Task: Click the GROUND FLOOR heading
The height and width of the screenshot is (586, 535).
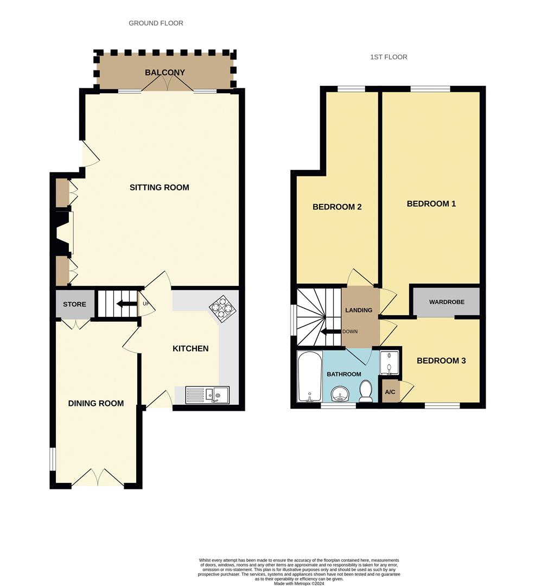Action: click(156, 23)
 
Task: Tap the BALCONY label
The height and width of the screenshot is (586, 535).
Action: click(165, 73)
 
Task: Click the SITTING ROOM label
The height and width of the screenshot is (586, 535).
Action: click(159, 188)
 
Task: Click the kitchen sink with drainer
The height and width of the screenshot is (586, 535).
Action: click(207, 394)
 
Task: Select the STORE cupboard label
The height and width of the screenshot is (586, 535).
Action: click(74, 304)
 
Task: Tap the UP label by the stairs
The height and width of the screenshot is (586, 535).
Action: click(145, 304)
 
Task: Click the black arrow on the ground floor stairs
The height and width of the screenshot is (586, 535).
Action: click(126, 304)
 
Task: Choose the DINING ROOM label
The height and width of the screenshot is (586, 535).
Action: click(95, 403)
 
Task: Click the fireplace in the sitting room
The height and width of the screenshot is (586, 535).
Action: click(64, 233)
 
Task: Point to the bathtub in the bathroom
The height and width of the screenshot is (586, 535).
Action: click(310, 375)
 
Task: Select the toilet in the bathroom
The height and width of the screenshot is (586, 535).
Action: click(366, 391)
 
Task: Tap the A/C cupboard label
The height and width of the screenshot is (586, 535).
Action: click(390, 392)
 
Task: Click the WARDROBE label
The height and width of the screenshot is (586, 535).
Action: click(447, 302)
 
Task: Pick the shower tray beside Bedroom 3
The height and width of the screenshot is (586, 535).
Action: click(390, 363)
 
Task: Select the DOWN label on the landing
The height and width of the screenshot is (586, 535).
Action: click(349, 331)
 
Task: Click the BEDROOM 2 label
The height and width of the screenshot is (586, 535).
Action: click(337, 207)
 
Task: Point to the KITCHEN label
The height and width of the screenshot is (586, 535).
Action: click(190, 348)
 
